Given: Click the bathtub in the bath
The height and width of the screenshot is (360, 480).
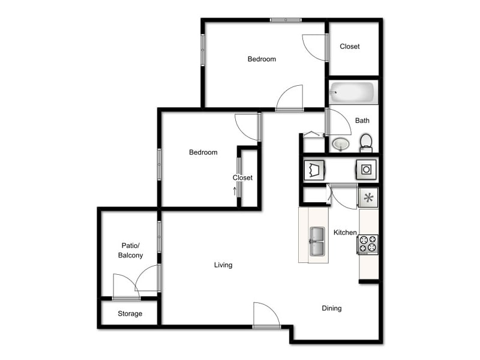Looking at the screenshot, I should (353, 93).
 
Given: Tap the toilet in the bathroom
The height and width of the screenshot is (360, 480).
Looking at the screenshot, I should (366, 143).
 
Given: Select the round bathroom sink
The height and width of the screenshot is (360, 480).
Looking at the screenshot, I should (341, 144).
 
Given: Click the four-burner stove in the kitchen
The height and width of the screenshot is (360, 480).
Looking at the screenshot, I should (368, 244).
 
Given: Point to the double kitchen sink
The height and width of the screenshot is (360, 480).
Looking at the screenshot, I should (317, 242).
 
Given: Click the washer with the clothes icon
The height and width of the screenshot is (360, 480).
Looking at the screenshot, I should (314, 169).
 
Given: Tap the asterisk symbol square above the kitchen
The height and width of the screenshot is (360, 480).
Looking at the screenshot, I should (368, 197).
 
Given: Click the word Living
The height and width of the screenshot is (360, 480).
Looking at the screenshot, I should (223, 265).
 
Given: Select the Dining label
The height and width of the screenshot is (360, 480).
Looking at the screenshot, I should (332, 308).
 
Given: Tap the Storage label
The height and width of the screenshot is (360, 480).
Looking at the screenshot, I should (130, 314).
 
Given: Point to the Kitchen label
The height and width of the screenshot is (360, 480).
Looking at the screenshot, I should (346, 232).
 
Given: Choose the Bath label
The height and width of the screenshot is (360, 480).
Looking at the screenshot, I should (362, 121).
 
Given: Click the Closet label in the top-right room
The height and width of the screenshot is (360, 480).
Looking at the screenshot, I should (350, 46).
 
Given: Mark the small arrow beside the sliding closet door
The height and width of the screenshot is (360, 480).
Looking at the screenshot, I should (235, 191).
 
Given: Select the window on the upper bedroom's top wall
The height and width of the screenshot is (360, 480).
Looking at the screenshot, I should (286, 20).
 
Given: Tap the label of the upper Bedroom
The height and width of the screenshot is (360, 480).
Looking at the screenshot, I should (262, 59).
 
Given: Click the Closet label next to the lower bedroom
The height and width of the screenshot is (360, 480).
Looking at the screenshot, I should (243, 178).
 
